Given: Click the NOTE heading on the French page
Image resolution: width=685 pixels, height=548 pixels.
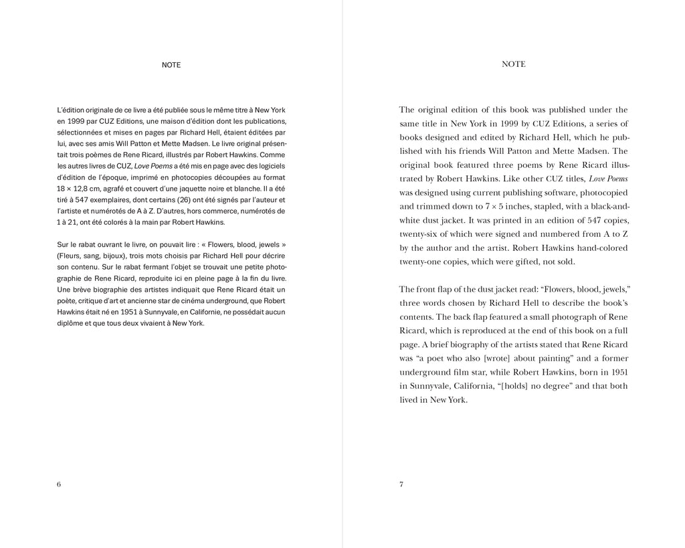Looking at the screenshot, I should pos(171,65).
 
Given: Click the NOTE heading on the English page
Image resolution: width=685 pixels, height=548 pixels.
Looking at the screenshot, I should pos(514,64).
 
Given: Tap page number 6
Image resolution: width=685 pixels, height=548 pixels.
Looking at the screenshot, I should pos(59,484).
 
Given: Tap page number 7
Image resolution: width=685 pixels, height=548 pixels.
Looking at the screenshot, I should pos(401,484).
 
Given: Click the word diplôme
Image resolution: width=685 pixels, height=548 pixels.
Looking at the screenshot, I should pos(72,323).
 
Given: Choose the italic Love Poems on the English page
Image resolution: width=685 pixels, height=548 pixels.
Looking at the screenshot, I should pos(608,179).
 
